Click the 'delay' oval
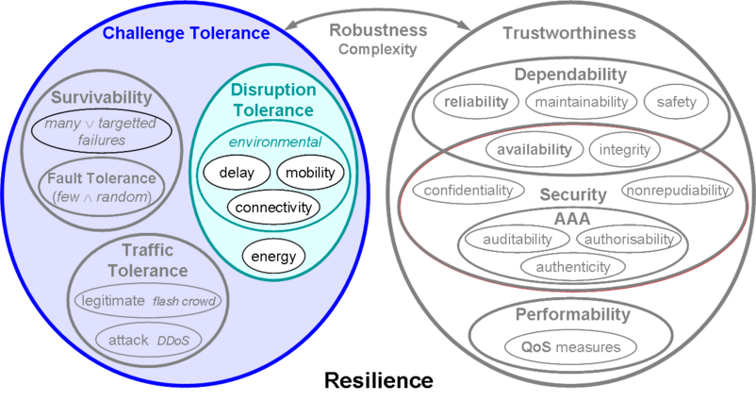237,173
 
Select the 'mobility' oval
310,173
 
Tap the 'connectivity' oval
273,208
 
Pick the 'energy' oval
273,257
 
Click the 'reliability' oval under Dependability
476,102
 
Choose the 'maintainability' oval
581,102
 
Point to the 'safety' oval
676,102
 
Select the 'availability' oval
534,150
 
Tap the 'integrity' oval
624,150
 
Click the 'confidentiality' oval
468,191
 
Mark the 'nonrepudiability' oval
678,191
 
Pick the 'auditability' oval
518,240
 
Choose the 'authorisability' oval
629,240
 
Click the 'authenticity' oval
573,267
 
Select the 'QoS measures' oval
571,347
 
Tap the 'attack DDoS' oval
149,341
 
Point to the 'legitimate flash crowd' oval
148,301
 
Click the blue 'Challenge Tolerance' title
186,33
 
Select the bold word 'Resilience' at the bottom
379,380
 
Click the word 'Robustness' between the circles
378,30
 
